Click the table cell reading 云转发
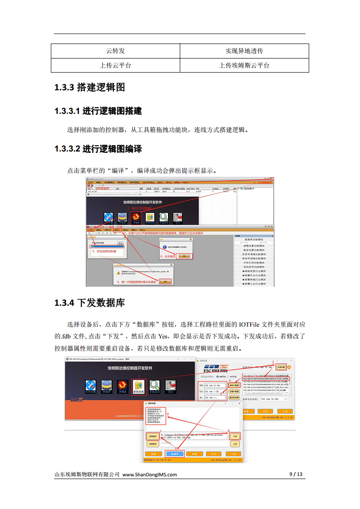coord(115,50)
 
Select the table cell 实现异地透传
coord(244,50)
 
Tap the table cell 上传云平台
coord(115,65)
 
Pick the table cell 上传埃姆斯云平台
coord(244,65)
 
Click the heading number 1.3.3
coord(64,87)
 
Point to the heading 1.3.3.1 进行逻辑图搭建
coord(98,111)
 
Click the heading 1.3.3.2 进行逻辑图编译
coord(98,149)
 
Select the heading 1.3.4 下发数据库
coord(89,303)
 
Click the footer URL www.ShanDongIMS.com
coord(150,475)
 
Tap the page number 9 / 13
coord(296,475)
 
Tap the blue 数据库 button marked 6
coord(175,453)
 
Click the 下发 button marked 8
coord(234,436)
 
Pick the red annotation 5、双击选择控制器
coord(104,251)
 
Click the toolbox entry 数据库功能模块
coord(254,239)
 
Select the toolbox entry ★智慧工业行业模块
coord(254,284)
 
